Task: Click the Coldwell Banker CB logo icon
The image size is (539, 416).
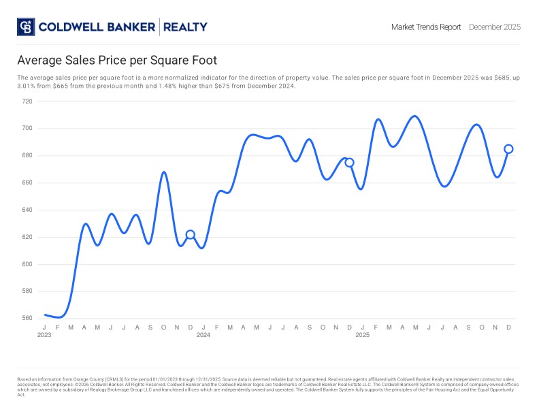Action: (x=25, y=27)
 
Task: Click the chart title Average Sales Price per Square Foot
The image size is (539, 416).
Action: (x=116, y=61)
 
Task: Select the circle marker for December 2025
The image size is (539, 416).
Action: (x=508, y=149)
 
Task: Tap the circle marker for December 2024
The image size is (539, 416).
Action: (x=349, y=162)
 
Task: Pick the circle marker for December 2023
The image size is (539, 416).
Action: (x=191, y=235)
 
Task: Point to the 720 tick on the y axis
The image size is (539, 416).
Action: (x=27, y=101)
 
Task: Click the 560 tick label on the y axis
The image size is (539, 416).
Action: (x=27, y=319)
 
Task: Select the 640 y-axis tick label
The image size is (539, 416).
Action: (x=27, y=210)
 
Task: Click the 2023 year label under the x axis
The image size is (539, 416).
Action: (x=44, y=335)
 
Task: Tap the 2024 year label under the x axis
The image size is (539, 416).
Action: (x=203, y=335)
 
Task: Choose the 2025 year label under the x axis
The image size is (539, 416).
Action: (x=363, y=335)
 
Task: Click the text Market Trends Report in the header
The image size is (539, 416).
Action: (x=426, y=27)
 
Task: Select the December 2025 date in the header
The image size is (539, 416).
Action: (x=495, y=27)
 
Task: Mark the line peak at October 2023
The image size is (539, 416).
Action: (x=164, y=172)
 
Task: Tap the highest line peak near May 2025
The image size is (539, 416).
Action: (x=414, y=116)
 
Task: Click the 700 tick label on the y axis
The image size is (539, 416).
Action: (x=27, y=129)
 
